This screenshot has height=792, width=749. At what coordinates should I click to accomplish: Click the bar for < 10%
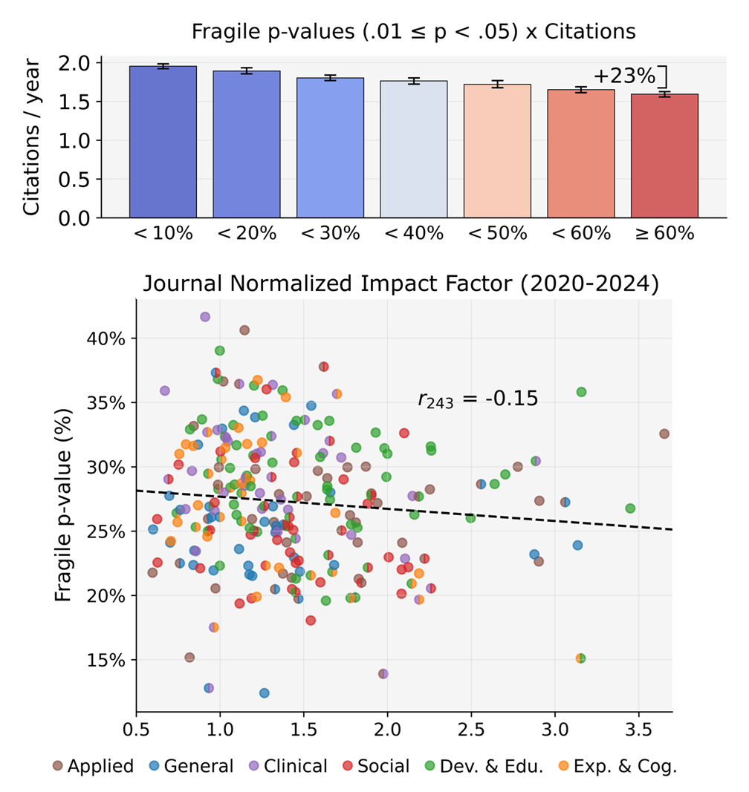coord(163,142)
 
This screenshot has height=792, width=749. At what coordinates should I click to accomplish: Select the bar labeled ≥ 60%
coord(665,155)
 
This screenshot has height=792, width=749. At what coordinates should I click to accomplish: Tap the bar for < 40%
coord(414,148)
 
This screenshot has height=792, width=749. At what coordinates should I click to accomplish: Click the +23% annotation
coord(625,75)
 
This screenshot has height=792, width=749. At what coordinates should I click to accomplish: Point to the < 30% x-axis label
coord(331,233)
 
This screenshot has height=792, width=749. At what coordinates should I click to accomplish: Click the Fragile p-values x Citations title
coord(413,32)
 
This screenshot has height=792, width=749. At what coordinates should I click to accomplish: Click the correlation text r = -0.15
coord(477,400)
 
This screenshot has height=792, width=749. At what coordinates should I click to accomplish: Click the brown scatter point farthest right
coord(664,433)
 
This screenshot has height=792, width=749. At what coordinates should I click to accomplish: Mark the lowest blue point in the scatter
coord(264,693)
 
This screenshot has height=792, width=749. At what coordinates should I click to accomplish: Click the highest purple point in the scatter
coord(205,317)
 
